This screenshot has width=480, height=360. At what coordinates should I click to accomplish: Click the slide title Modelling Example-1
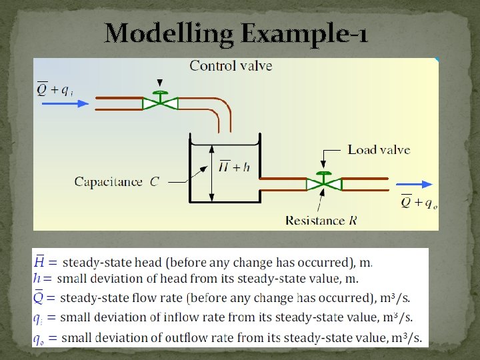coord(236,34)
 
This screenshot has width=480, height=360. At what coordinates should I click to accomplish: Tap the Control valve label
coord(231,65)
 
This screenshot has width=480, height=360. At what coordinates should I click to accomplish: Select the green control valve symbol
coord(160,102)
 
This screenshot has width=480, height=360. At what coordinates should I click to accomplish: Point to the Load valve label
coord(379,149)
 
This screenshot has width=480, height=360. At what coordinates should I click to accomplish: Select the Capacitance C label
coord(116,181)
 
